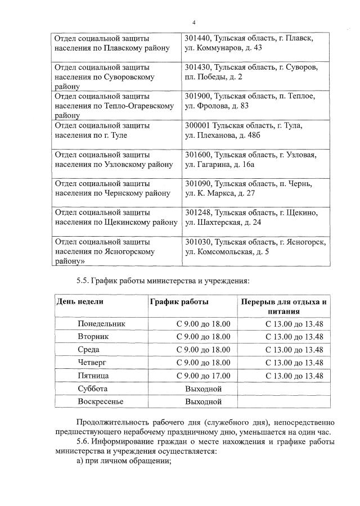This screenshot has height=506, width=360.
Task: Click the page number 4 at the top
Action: click(193, 22)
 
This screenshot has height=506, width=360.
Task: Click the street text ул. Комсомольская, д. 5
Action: click(227, 251)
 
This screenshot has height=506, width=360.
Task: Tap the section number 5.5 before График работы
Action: click(83, 280)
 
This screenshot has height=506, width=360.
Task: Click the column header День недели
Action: click(79, 302)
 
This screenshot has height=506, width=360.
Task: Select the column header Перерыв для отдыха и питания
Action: click(283, 306)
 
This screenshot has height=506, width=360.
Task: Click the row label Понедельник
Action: click(101, 324)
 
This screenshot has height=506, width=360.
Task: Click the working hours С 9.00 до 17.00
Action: click(203, 376)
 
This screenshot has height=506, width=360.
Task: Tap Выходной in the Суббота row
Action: click(203, 388)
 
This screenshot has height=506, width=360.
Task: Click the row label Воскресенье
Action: click(100, 402)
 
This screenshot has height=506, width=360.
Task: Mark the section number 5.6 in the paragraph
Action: click(83, 442)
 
